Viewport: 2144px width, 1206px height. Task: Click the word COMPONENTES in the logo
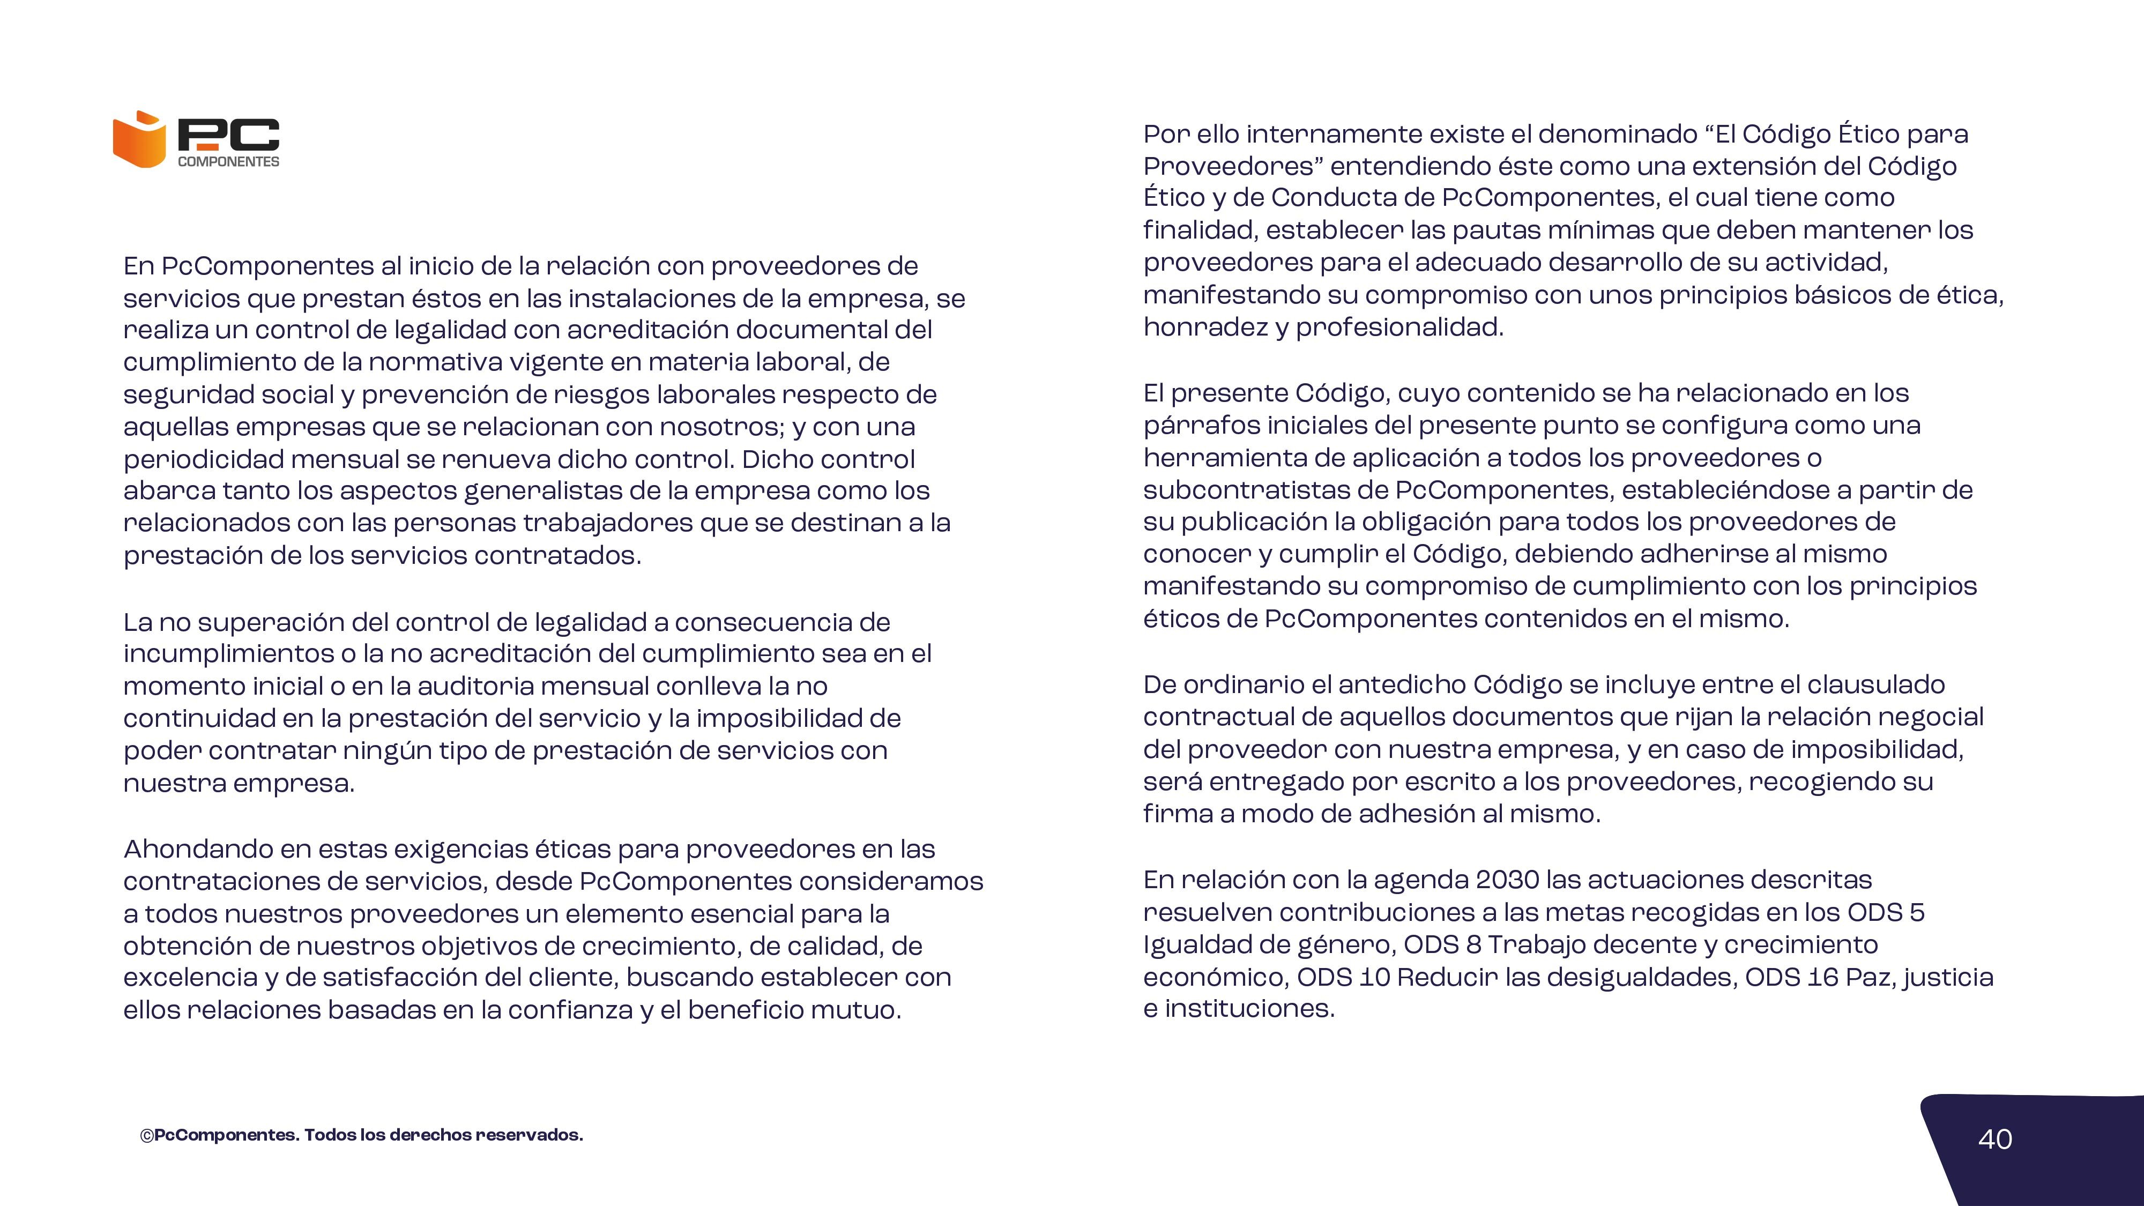(229, 161)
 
